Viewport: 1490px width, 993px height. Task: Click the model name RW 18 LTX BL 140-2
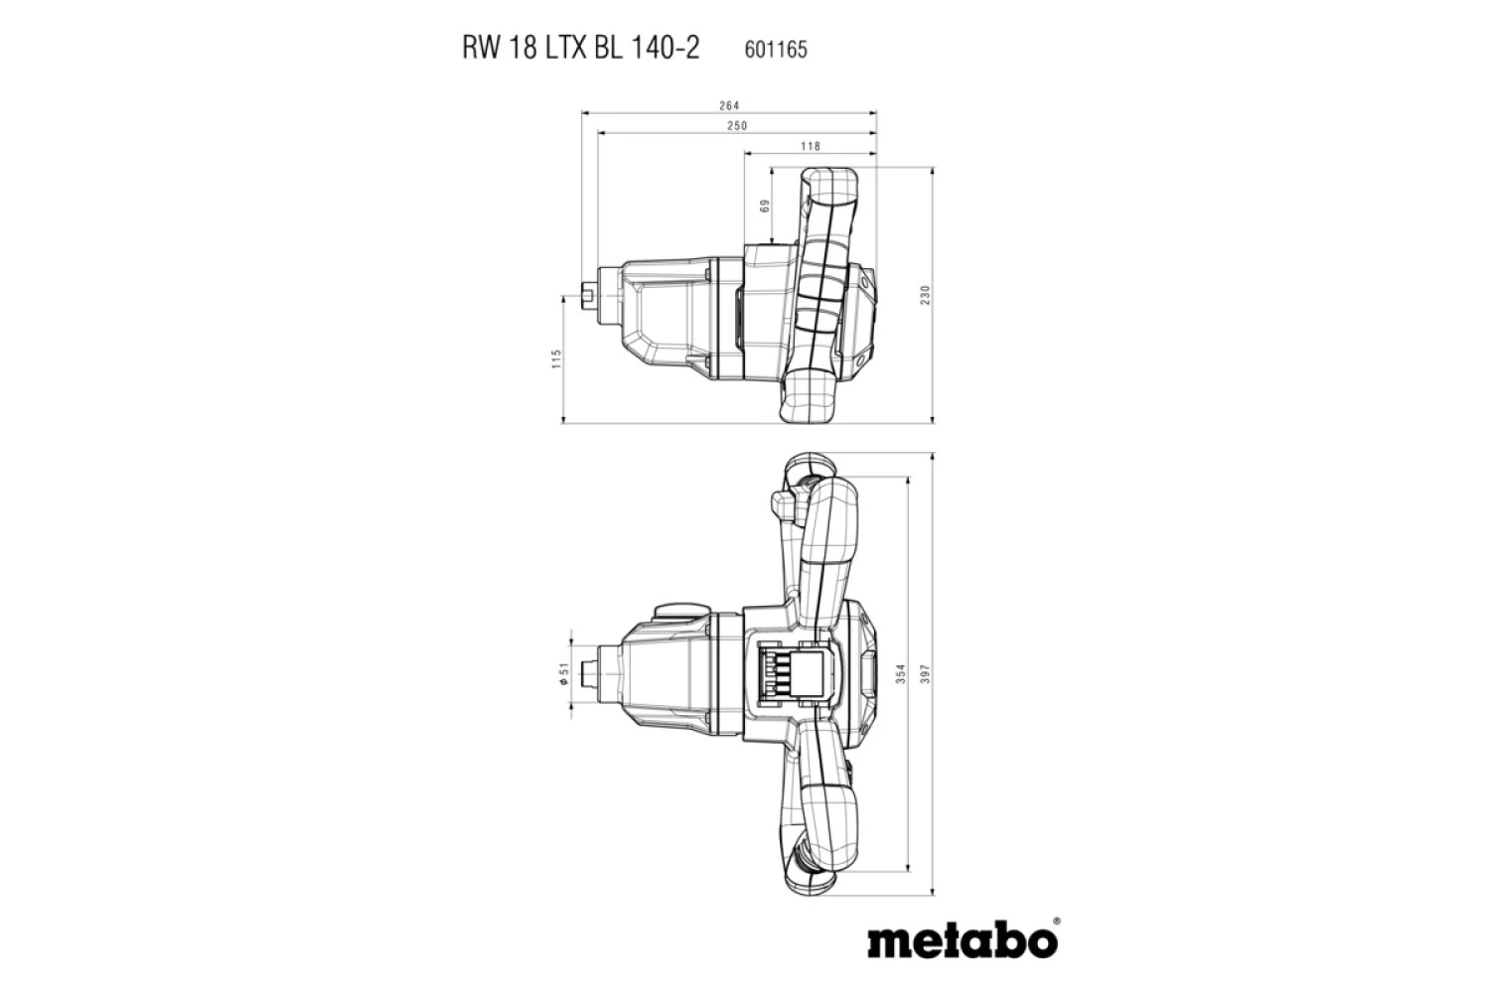click(580, 49)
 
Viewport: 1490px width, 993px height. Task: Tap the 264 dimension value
click(730, 105)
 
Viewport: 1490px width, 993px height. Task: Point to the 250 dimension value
click(737, 126)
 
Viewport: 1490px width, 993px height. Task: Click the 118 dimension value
click(811, 146)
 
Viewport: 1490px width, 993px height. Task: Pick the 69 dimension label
click(764, 207)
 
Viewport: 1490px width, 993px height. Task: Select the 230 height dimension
click(924, 295)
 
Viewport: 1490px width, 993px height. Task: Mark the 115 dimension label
click(557, 358)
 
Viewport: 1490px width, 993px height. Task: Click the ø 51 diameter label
click(562, 674)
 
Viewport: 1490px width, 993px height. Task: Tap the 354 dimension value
click(900, 673)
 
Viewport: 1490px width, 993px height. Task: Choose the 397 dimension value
click(924, 673)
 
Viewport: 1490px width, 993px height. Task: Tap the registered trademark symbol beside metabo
click(1055, 922)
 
